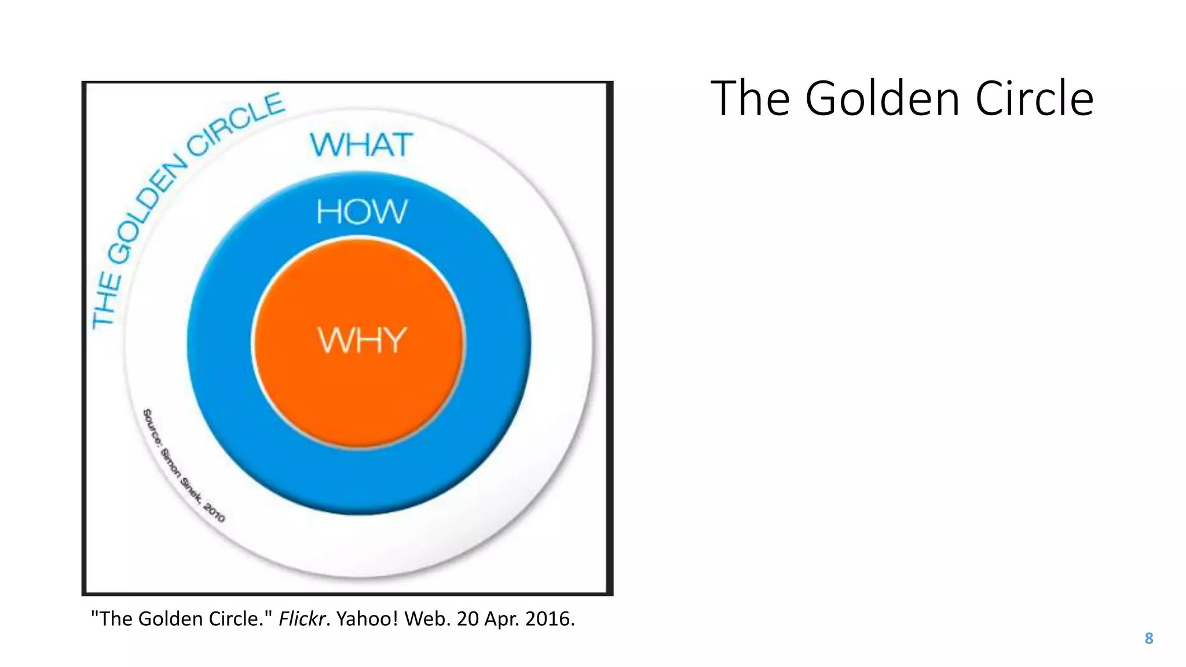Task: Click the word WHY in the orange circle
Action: click(x=362, y=340)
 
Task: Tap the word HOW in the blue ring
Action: click(x=362, y=212)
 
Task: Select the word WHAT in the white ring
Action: click(x=362, y=145)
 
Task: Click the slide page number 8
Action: click(x=1149, y=639)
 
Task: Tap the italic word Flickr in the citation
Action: click(x=301, y=619)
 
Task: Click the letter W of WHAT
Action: click(x=325, y=145)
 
